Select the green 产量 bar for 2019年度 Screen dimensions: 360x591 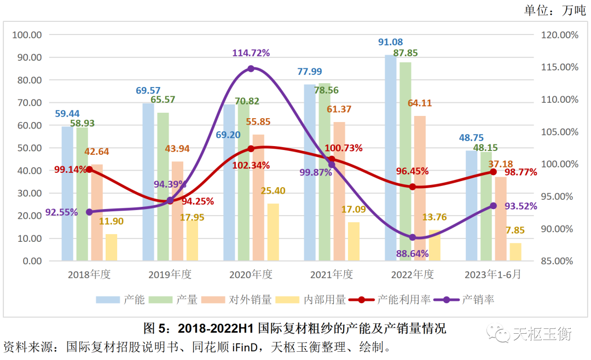(163, 186)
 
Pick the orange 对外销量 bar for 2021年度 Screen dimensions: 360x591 (339, 191)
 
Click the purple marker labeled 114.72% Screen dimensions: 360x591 (251, 68)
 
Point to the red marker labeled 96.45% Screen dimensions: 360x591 (413, 187)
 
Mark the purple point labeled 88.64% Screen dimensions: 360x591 (413, 237)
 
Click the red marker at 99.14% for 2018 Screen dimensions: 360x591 (89, 170)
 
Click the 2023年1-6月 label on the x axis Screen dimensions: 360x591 (493, 274)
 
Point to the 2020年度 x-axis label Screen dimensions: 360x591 (251, 274)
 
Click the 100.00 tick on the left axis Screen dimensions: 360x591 (27, 35)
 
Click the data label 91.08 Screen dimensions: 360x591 (390, 42)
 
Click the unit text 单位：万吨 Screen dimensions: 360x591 (554, 11)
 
